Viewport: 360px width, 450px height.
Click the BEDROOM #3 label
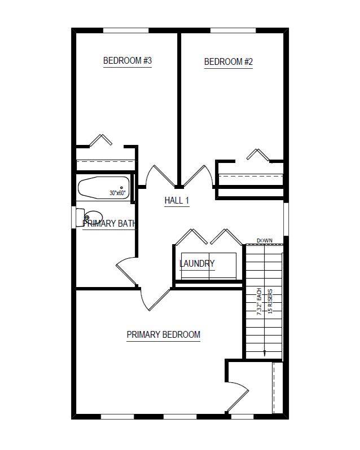(128, 61)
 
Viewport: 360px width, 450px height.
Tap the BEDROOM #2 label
(228, 62)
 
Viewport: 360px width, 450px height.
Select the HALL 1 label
(177, 201)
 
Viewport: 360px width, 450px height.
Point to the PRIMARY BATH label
(109, 223)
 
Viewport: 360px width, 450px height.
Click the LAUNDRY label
(197, 263)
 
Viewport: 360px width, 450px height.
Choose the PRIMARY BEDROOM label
(163, 334)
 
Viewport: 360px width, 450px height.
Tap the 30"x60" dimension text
(118, 193)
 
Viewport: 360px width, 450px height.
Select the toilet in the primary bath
(92, 216)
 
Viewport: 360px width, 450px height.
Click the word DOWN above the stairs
(265, 241)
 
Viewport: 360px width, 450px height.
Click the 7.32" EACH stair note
(260, 302)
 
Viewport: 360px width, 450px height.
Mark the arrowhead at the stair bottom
(264, 353)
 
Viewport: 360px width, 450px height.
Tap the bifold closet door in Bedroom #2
(257, 154)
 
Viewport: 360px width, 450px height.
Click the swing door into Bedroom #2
(197, 175)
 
